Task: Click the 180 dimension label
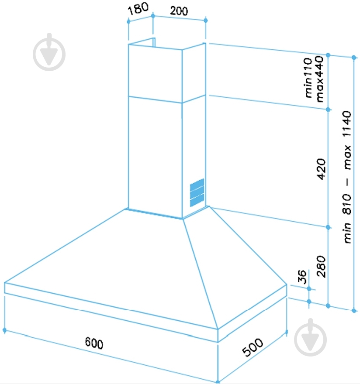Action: (x=138, y=9)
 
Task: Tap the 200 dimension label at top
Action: (x=179, y=11)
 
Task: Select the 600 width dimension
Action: (x=94, y=343)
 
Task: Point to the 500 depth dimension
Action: (x=253, y=347)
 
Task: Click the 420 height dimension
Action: (x=321, y=169)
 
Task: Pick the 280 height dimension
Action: (x=321, y=267)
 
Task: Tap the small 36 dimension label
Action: (x=302, y=277)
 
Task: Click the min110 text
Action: (x=308, y=78)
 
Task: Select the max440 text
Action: (x=320, y=79)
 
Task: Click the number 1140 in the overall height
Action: (x=347, y=124)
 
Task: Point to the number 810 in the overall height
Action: (x=347, y=204)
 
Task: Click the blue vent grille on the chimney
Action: (x=197, y=192)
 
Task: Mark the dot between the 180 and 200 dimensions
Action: (x=153, y=16)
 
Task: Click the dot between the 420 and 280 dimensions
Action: (x=328, y=227)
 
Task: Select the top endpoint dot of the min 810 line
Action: (x=353, y=58)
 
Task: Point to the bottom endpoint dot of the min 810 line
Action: (x=353, y=311)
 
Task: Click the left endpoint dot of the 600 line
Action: (x=4, y=330)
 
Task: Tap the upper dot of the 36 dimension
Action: (x=309, y=289)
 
